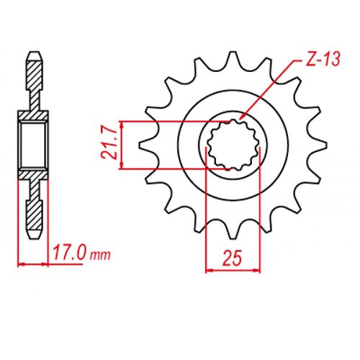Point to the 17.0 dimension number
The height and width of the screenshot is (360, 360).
71,253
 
